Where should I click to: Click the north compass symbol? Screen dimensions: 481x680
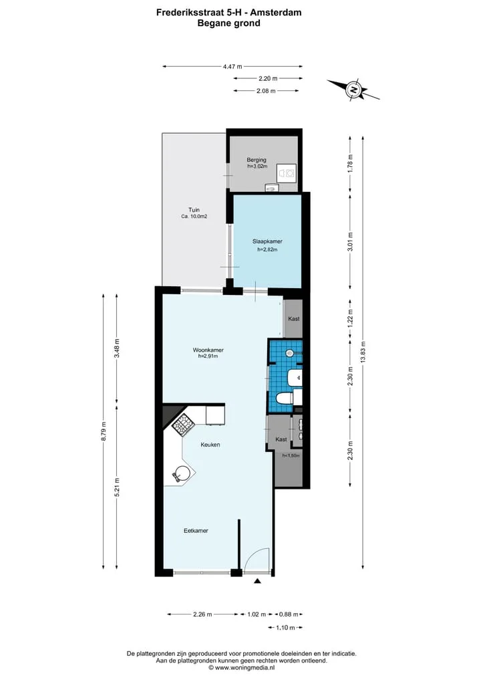coord(353,90)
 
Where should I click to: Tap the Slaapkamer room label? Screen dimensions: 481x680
coord(267,241)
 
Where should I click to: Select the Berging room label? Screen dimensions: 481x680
coord(257,160)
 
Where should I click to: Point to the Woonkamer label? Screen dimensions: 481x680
coord(208,350)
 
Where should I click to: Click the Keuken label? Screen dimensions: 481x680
coord(210,445)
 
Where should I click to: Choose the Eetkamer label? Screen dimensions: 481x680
coord(196,530)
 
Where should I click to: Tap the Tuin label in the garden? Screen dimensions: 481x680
coord(194,210)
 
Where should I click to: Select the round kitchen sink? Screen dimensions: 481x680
coord(181,473)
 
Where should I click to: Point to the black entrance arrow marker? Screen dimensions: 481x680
coord(257,581)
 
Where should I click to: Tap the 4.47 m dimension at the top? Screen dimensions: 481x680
coord(232,66)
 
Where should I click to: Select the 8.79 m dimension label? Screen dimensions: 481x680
coord(103,431)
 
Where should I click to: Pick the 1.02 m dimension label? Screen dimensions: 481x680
coord(257,614)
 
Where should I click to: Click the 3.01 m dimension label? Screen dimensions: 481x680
coord(350,241)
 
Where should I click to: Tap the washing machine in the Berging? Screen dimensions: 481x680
coord(287,173)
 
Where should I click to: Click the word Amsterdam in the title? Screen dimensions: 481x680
coord(276,13)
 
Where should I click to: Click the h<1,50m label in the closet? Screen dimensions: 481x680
coord(291,456)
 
